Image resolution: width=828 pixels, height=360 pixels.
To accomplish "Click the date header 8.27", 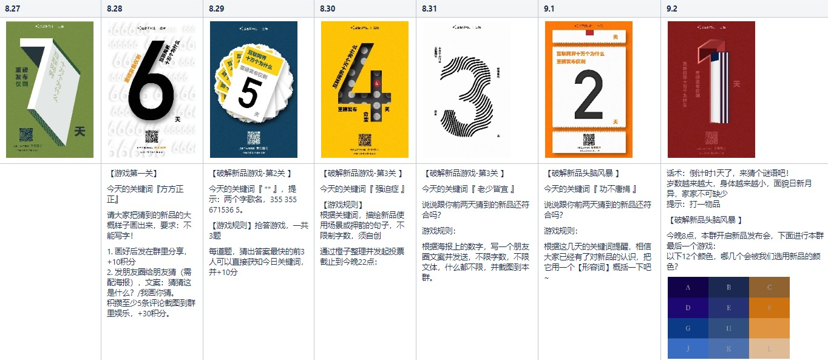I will (13, 8).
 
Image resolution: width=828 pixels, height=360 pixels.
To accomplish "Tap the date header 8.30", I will (327, 8).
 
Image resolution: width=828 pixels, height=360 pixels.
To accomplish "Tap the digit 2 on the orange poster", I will (588, 95).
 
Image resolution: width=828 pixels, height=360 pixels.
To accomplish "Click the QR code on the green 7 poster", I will (25, 135).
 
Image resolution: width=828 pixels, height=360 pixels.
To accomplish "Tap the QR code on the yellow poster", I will (364, 140).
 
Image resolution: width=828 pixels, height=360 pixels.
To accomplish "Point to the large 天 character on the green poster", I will (79, 131).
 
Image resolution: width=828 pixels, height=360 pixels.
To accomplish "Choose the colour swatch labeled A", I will (688, 288).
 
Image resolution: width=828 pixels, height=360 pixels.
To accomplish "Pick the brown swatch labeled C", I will (769, 288).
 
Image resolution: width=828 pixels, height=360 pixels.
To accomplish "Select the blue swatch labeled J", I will (688, 349).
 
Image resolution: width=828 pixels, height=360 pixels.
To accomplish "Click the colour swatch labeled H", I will (728, 328).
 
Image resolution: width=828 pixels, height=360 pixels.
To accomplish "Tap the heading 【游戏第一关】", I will (131, 173).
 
